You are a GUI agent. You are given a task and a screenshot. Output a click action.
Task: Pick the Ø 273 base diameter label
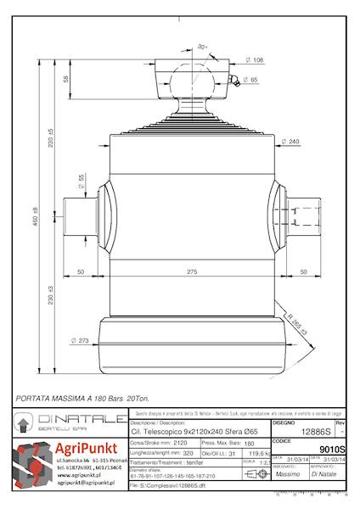tap(80, 343)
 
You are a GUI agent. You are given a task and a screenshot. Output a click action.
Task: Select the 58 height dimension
tap(66, 79)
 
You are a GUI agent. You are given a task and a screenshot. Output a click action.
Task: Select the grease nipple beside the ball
tap(227, 84)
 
